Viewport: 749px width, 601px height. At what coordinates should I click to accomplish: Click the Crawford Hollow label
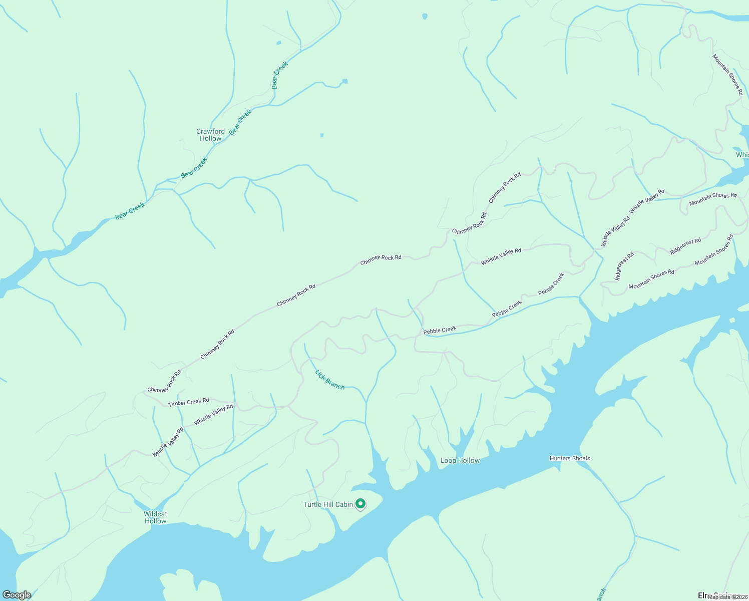[210, 135]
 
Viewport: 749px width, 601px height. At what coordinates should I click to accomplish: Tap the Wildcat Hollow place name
[155, 517]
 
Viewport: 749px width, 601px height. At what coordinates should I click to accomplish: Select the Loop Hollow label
[460, 460]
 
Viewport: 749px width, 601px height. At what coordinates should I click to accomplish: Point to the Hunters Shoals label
[570, 458]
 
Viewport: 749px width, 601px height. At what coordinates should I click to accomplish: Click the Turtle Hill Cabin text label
[328, 504]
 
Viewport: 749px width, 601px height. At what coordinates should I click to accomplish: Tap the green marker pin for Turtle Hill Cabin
[360, 504]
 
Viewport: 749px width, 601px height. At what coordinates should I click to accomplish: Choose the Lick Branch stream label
[330, 379]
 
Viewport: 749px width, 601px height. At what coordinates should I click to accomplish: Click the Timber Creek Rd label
[189, 402]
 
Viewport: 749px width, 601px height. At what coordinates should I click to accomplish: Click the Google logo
[17, 595]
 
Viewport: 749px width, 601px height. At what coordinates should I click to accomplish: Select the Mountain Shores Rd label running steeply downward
[727, 75]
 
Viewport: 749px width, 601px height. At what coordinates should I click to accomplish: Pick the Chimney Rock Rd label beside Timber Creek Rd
[164, 382]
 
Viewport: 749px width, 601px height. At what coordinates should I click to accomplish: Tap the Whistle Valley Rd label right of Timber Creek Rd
[213, 415]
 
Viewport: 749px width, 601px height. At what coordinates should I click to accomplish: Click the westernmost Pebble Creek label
[440, 330]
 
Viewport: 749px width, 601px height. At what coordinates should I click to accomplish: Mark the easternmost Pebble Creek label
[551, 283]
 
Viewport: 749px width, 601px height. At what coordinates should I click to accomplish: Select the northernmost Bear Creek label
[280, 75]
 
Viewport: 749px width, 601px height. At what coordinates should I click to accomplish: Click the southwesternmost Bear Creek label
[130, 211]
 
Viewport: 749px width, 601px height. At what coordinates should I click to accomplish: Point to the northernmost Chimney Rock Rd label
[505, 187]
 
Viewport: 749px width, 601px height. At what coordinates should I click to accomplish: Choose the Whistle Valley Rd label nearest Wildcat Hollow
[168, 442]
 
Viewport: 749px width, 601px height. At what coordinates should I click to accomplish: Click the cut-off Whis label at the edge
[742, 155]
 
